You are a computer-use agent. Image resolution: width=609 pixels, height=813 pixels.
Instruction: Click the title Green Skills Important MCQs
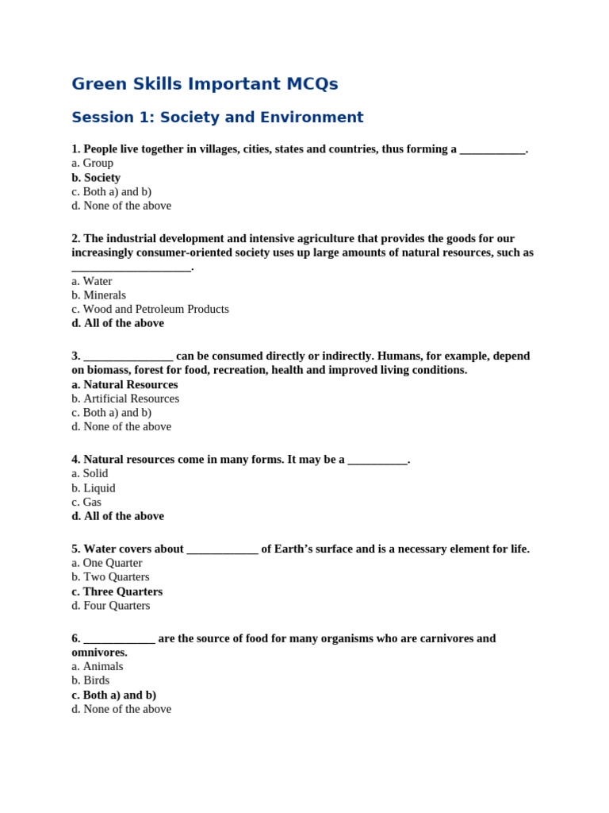pos(205,84)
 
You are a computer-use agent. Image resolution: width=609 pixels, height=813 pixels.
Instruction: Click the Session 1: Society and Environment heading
pos(217,118)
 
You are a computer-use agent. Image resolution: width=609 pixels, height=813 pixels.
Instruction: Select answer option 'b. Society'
pos(96,178)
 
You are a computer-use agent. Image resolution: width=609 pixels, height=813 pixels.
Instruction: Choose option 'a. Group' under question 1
pos(92,164)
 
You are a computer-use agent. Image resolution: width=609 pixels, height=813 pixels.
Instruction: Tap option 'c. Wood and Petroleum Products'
pos(150,310)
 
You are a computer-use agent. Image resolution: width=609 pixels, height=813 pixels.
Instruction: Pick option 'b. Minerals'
pos(98,295)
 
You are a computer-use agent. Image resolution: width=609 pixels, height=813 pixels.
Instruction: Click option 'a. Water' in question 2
pos(92,281)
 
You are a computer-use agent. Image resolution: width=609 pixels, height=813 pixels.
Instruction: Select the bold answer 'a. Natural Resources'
pos(124,385)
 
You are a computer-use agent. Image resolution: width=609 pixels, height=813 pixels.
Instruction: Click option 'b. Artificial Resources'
pos(125,399)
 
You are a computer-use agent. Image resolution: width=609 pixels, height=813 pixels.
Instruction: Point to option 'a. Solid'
pos(90,474)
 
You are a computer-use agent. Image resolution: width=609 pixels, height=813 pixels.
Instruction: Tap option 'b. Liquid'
pos(94,488)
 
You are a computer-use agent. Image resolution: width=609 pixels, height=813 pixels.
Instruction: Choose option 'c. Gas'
pos(86,503)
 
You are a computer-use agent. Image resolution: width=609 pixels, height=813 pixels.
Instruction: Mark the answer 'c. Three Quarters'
pos(117,591)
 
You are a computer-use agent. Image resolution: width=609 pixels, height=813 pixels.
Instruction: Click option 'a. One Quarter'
pos(107,563)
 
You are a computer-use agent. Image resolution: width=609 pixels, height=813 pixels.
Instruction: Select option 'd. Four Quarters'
pos(110,606)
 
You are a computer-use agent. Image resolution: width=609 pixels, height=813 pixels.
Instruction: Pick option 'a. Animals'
pos(98,667)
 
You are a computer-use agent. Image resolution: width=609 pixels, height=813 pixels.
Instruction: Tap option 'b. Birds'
pos(90,680)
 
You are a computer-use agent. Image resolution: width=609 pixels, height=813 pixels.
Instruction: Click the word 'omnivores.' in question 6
pos(99,653)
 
